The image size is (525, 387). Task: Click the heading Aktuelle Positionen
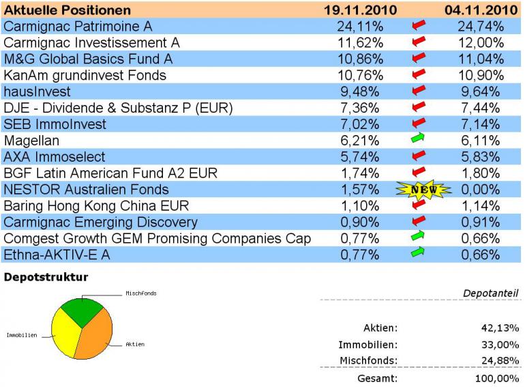[67, 10]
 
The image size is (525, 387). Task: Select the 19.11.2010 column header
[360, 10]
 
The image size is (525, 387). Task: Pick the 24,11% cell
[360, 27]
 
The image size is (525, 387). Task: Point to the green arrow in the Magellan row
[419, 141]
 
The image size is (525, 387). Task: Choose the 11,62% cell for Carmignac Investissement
[360, 43]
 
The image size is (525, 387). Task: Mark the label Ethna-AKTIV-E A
[57, 255]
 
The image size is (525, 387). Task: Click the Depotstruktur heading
[46, 277]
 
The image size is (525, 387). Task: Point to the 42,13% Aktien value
[500, 328]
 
